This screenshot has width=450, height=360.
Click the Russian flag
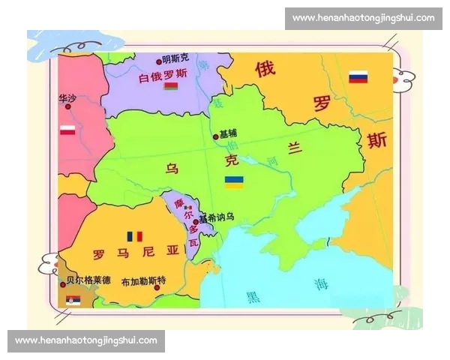coord(358,77)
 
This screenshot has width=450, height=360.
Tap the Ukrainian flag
coord(234,181)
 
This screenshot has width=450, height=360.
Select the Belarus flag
coord(170,85)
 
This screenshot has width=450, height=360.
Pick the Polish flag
coord(67,130)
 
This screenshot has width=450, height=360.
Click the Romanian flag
coord(135,236)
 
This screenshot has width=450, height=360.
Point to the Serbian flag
coord(73,301)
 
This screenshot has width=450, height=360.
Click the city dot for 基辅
coord(215,136)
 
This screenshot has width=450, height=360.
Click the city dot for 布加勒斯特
coord(157,287)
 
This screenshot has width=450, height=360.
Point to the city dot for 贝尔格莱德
coord(63,283)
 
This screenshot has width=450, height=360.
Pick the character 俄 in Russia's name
coord(265,69)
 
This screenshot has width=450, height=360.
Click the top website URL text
coord(363,18)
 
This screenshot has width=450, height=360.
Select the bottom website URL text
coord(86,340)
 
